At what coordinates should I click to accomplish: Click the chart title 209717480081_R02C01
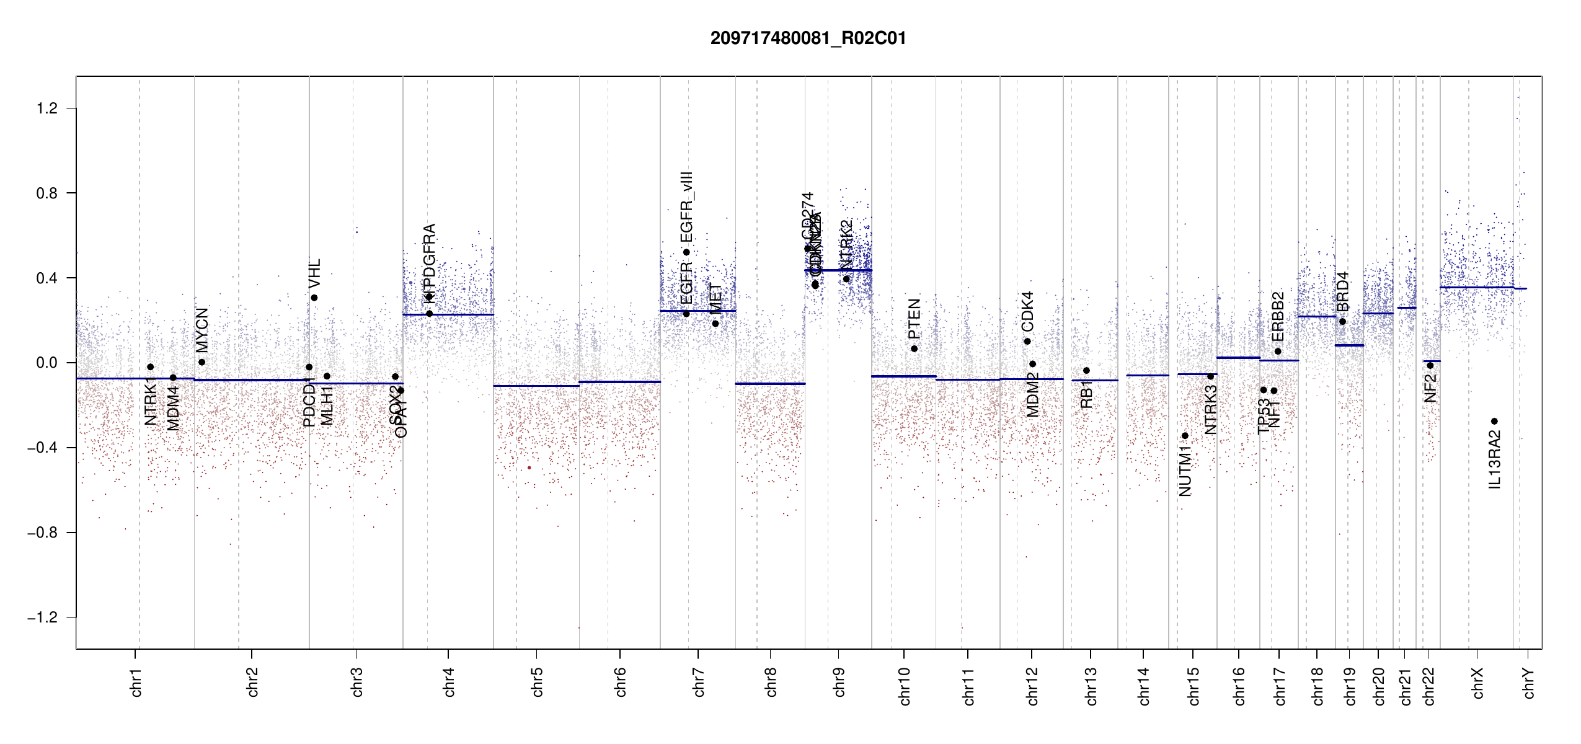tap(808, 38)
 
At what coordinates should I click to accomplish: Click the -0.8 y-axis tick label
tap(42, 533)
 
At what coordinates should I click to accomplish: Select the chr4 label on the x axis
tap(449, 682)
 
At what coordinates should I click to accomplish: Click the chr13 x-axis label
tap(1091, 686)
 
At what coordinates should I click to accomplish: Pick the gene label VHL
tap(314, 273)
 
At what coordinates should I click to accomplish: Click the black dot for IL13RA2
tap(1494, 422)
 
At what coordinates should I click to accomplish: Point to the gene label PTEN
tap(914, 319)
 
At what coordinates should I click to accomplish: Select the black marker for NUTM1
tap(1185, 436)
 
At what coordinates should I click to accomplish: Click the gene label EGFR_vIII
tap(686, 207)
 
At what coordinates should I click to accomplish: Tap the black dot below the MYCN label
tap(201, 362)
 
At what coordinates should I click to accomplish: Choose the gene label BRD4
tap(1342, 291)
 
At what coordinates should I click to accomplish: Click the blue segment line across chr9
tap(838, 270)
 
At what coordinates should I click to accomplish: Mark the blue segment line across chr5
tap(536, 386)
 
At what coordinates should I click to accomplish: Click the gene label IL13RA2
tap(1494, 459)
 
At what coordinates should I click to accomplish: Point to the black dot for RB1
tap(1086, 371)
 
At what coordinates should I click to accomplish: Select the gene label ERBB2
tap(1278, 316)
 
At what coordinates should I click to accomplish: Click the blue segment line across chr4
tap(448, 315)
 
